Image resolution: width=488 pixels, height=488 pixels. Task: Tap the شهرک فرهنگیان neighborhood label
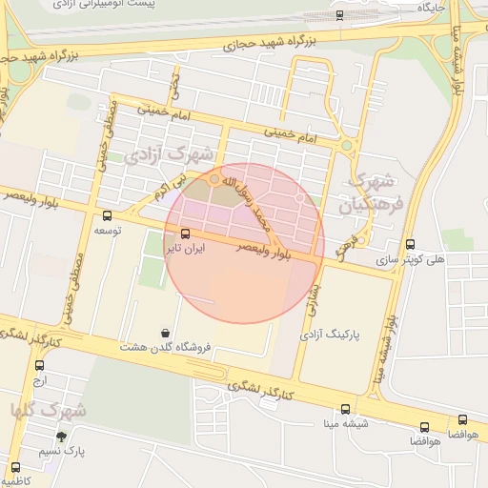click(x=376, y=192)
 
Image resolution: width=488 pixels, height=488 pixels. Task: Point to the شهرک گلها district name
click(x=50, y=410)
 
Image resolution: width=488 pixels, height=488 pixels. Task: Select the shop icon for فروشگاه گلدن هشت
click(x=168, y=333)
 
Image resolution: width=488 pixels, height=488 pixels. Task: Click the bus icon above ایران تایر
click(x=184, y=234)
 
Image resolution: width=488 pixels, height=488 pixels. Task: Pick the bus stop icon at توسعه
click(x=106, y=215)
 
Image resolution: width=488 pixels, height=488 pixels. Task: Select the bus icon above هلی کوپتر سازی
click(x=410, y=244)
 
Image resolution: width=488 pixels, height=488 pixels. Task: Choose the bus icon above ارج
click(x=39, y=365)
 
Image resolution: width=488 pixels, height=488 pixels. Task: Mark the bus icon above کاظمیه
click(x=15, y=466)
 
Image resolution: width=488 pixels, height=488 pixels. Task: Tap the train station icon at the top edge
click(x=340, y=14)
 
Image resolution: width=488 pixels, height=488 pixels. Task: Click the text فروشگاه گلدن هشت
click(x=156, y=349)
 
